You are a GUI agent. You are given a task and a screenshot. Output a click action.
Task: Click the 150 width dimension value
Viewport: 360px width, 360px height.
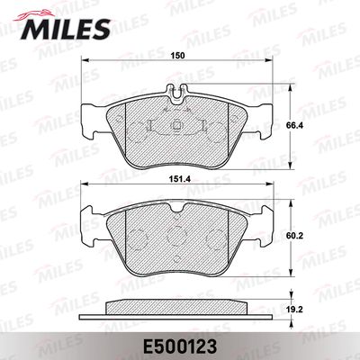(x=177, y=56)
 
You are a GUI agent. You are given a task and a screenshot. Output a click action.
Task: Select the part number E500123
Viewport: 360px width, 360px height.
(x=180, y=347)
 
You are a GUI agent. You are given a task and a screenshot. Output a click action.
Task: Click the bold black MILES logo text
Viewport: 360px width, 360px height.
(x=65, y=29)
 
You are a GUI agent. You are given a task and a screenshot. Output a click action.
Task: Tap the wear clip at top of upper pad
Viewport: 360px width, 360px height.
(x=176, y=92)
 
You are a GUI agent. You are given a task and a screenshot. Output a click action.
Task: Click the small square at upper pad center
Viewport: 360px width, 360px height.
(x=176, y=125)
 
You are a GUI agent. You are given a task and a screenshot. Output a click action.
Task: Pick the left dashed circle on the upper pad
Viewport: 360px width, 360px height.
(x=138, y=132)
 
